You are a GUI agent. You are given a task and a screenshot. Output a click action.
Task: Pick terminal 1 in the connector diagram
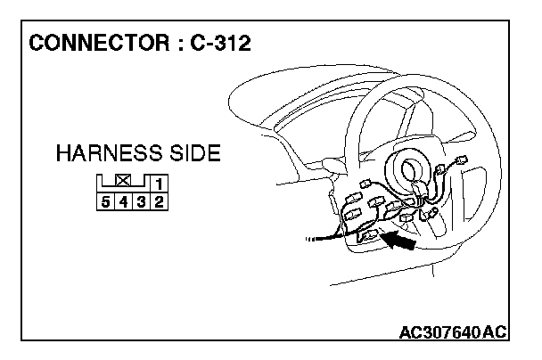(x=158, y=185)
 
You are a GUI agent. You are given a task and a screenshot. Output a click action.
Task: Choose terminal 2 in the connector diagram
(x=158, y=201)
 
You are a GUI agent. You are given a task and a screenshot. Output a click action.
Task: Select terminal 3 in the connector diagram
(x=143, y=201)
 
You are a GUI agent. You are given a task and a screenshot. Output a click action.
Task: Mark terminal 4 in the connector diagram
(x=127, y=201)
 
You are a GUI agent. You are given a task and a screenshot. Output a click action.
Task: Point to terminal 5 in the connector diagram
(x=106, y=201)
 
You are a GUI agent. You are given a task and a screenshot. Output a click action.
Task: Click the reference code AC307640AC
(x=453, y=333)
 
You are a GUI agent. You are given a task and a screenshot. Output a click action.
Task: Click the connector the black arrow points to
(x=367, y=237)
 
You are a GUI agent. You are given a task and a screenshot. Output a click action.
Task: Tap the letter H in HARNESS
(x=62, y=153)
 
